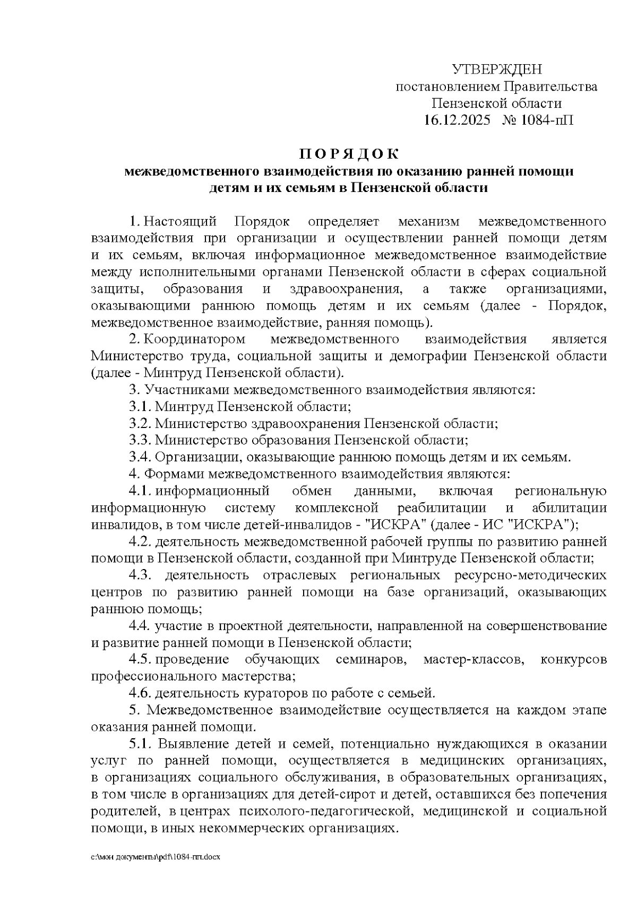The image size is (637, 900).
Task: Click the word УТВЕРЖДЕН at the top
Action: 497,69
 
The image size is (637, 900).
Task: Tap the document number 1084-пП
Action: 547,120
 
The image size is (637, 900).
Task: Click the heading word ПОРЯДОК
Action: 348,154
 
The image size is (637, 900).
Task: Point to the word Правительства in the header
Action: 550,86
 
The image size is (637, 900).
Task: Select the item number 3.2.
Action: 140,423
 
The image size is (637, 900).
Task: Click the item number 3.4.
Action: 140,457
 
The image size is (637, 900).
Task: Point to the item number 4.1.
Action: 140,491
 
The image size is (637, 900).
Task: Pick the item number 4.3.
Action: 140,575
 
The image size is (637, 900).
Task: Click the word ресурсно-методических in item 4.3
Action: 530,575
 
